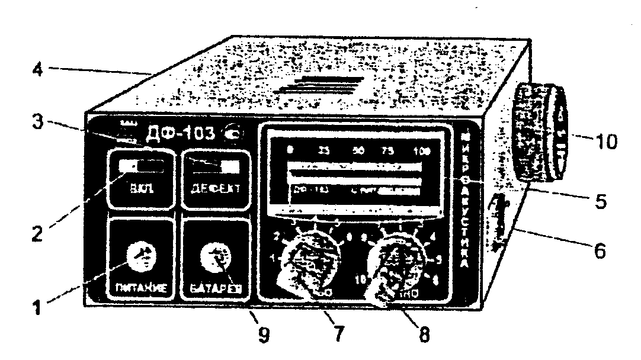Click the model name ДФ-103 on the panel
pos(178,132)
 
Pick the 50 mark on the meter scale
pos(358,150)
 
